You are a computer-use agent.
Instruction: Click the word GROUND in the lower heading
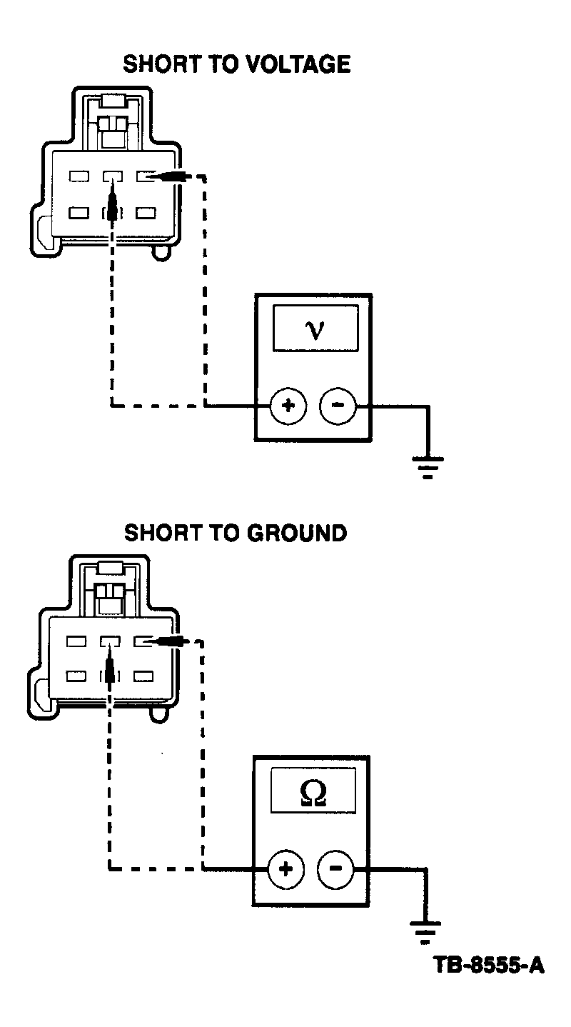click(x=297, y=533)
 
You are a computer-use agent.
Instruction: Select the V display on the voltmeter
click(x=315, y=329)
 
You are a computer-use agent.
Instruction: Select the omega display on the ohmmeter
click(x=313, y=793)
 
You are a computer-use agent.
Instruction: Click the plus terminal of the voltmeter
click(x=288, y=406)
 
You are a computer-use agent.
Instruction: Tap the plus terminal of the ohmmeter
click(x=285, y=868)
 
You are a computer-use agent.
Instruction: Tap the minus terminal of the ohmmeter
click(x=335, y=868)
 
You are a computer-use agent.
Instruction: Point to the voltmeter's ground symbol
click(x=428, y=467)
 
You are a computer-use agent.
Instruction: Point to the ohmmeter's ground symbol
click(x=425, y=931)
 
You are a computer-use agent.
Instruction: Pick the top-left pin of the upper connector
click(x=79, y=176)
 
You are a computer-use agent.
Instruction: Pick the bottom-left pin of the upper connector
click(x=79, y=213)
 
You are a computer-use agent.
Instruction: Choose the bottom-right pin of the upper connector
click(x=146, y=213)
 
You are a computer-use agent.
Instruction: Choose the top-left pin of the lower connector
click(x=76, y=641)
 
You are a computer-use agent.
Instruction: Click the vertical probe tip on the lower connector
click(x=109, y=666)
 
